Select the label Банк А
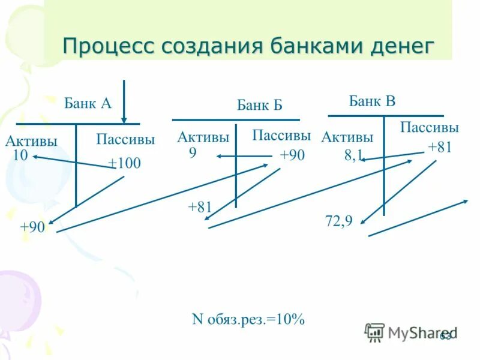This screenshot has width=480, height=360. pyautogui.click(x=88, y=103)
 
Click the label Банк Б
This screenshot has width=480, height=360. pyautogui.click(x=259, y=106)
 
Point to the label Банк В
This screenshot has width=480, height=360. pyautogui.click(x=372, y=101)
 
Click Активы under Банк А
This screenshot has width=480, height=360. pyautogui.click(x=31, y=142)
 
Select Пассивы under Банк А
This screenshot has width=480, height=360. pyautogui.click(x=125, y=140)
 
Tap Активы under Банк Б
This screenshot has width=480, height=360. pyautogui.click(x=203, y=137)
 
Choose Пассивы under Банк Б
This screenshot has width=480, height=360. pyautogui.click(x=281, y=135)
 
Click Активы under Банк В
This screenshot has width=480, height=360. pyautogui.click(x=347, y=137)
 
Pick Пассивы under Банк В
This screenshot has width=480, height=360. pyautogui.click(x=429, y=127)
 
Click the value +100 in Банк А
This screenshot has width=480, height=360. pyautogui.click(x=124, y=163)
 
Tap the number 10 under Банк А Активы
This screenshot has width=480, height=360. pyautogui.click(x=20, y=155)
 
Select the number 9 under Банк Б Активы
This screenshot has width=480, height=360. pyautogui.click(x=193, y=153)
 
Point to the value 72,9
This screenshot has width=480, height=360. pyautogui.click(x=338, y=221)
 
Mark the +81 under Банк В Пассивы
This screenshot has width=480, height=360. pyautogui.click(x=439, y=148)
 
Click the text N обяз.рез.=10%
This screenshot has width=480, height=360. pyautogui.click(x=248, y=319)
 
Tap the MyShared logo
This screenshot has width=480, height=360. pyautogui.click(x=410, y=332)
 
